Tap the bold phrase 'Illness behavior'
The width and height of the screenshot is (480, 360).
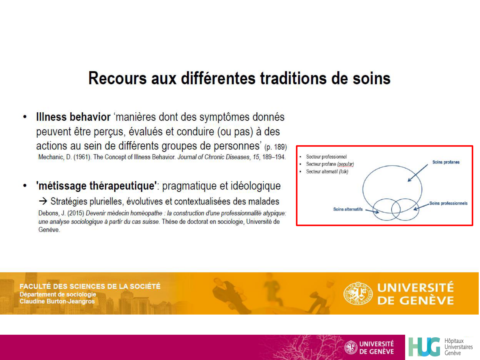73,117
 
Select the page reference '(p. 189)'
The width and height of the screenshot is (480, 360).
276,147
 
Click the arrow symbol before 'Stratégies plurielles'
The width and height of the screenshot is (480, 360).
43,201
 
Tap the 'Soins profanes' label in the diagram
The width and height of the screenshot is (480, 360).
446,162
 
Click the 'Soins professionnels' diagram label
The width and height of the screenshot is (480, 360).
448,203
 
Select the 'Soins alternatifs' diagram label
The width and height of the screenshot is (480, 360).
348,209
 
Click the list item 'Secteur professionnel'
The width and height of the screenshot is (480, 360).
326,157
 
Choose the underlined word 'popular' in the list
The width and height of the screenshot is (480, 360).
346,164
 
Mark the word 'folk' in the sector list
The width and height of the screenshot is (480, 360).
344,172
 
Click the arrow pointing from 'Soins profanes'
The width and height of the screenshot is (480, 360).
418,173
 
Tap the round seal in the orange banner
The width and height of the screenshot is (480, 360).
358,293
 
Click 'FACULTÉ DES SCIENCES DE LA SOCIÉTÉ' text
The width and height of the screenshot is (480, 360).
90,286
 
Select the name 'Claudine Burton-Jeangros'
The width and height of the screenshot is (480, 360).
57,301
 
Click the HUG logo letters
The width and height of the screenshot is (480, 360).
424,347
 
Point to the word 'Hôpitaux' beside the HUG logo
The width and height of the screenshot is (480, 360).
454,341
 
